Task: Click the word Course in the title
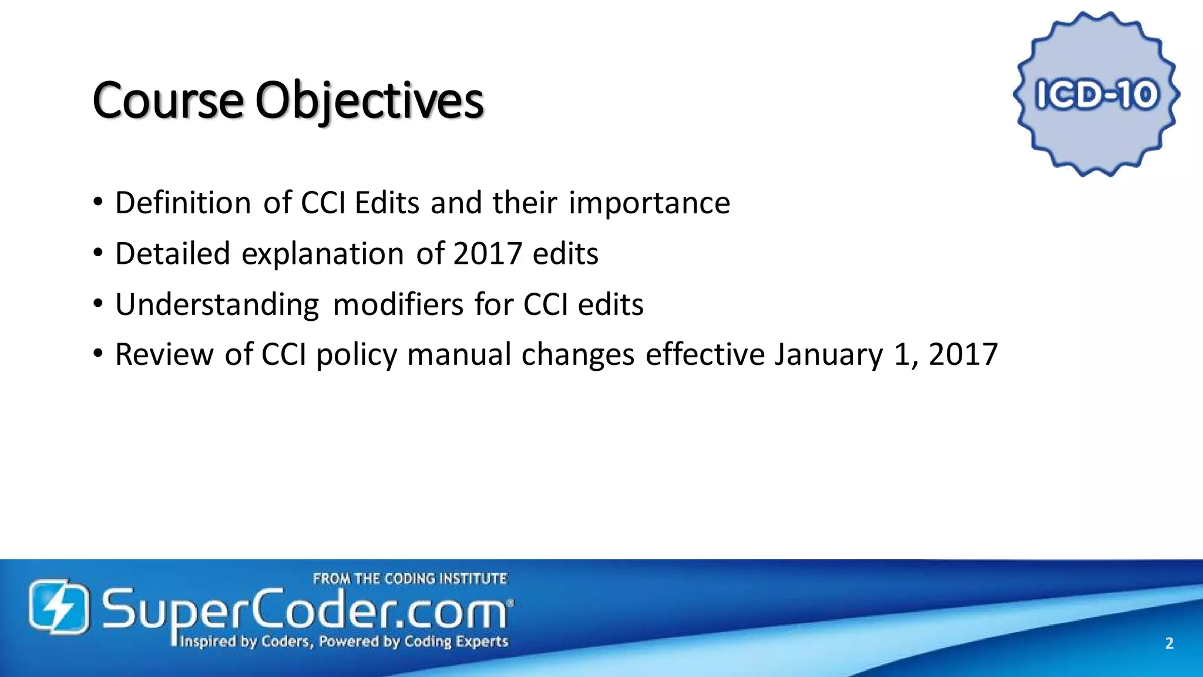click(167, 100)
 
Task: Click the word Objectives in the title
click(369, 100)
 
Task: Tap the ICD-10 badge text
click(1096, 95)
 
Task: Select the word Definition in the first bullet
click(183, 203)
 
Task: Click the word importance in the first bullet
click(649, 203)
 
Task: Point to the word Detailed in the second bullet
click(172, 254)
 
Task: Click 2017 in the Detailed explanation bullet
click(487, 254)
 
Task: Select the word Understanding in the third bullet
click(217, 304)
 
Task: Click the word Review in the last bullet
click(164, 354)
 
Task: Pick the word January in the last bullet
click(828, 354)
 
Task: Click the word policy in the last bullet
click(357, 354)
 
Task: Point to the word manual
click(459, 354)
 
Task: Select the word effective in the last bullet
click(704, 354)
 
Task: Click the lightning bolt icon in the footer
click(59, 606)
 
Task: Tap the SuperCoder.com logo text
click(305, 611)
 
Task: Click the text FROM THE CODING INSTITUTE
click(409, 579)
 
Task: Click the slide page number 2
click(1169, 644)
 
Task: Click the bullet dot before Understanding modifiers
click(98, 304)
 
